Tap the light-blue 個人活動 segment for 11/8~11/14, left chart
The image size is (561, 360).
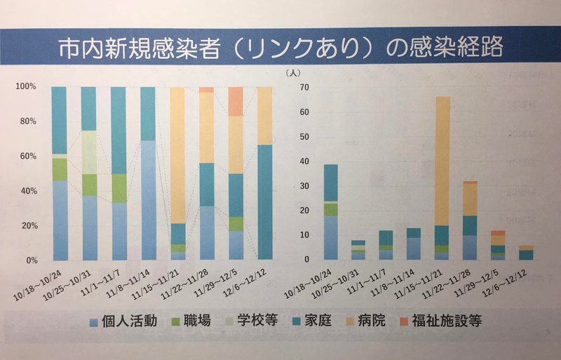[x=148, y=200]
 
